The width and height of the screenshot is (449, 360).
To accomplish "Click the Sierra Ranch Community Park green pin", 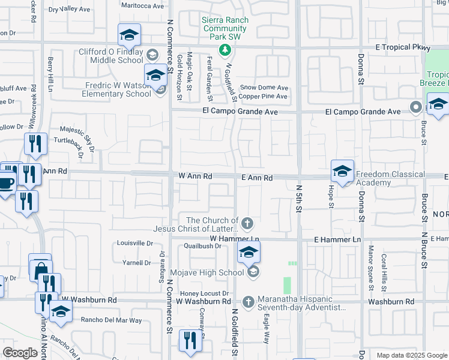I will coord(224,49).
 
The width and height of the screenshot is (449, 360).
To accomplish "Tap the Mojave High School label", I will coord(206,272).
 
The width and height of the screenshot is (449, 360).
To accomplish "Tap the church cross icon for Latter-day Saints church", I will coord(247,224).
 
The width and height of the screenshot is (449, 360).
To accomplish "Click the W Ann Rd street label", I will coord(196,177).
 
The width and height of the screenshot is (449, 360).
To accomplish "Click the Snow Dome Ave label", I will coord(264,87).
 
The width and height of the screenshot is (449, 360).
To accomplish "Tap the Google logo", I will coord(20,353).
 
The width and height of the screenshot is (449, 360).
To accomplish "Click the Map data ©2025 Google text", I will coord(411,355).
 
